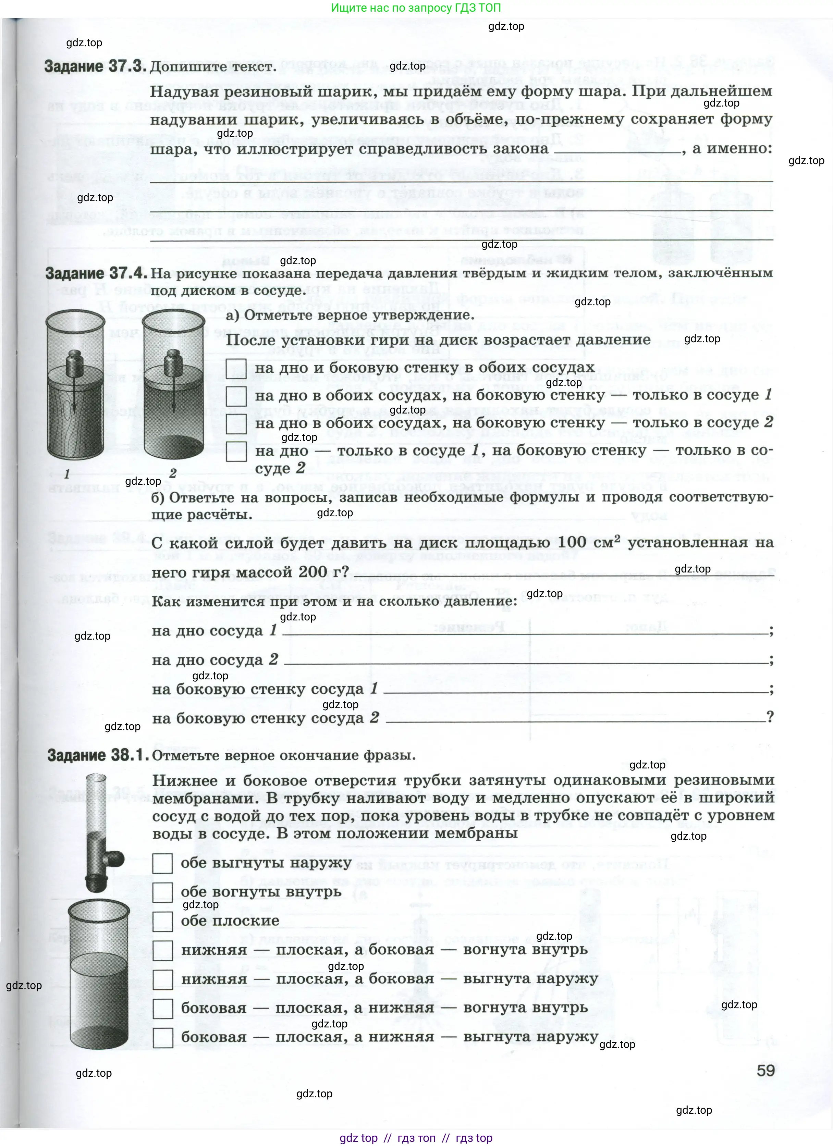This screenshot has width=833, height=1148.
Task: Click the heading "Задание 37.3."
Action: point(95,67)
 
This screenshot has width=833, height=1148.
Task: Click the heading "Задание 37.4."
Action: point(96,273)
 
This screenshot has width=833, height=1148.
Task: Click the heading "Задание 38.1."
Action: point(98,755)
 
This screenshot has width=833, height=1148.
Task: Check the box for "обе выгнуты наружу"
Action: point(162,863)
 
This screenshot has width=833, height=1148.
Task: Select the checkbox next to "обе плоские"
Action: point(162,921)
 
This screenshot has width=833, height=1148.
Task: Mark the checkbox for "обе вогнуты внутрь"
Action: point(162,892)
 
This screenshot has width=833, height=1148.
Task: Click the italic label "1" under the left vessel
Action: point(67,474)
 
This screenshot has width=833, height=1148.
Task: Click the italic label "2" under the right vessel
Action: point(173,473)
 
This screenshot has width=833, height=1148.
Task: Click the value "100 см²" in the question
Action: point(589,542)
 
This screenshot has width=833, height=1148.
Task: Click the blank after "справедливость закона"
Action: point(617,150)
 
